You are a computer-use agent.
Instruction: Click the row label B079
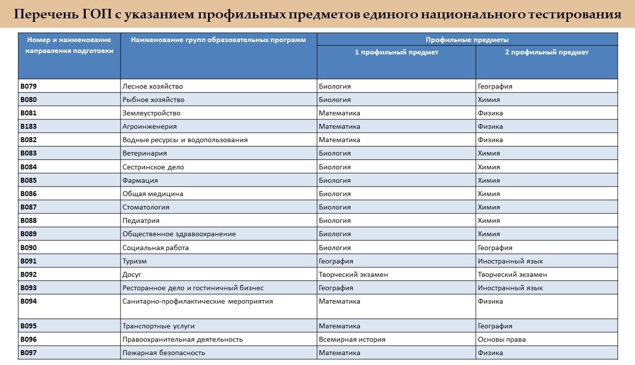[28, 86]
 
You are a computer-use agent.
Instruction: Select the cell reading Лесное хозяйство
[153, 86]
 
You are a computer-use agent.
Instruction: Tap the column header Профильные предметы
[467, 40]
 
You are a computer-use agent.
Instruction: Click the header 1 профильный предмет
[396, 52]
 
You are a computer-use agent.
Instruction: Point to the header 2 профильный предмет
[546, 52]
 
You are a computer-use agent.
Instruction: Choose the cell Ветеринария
[145, 153]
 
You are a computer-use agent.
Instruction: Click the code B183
[28, 126]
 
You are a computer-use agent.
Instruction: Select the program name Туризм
[134, 261]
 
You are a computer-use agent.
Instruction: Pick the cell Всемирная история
[352, 339]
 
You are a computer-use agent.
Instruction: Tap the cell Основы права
[502, 339]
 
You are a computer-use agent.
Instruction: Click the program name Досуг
[132, 274]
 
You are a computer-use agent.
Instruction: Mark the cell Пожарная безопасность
[164, 353]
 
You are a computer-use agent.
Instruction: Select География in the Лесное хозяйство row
[495, 86]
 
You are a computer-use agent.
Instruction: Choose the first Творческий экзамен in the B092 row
[353, 274]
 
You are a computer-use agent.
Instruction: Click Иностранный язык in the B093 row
[510, 288]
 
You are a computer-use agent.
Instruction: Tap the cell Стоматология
[146, 207]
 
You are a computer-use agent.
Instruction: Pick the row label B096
[28, 339]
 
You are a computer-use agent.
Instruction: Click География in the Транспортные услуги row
[495, 326]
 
